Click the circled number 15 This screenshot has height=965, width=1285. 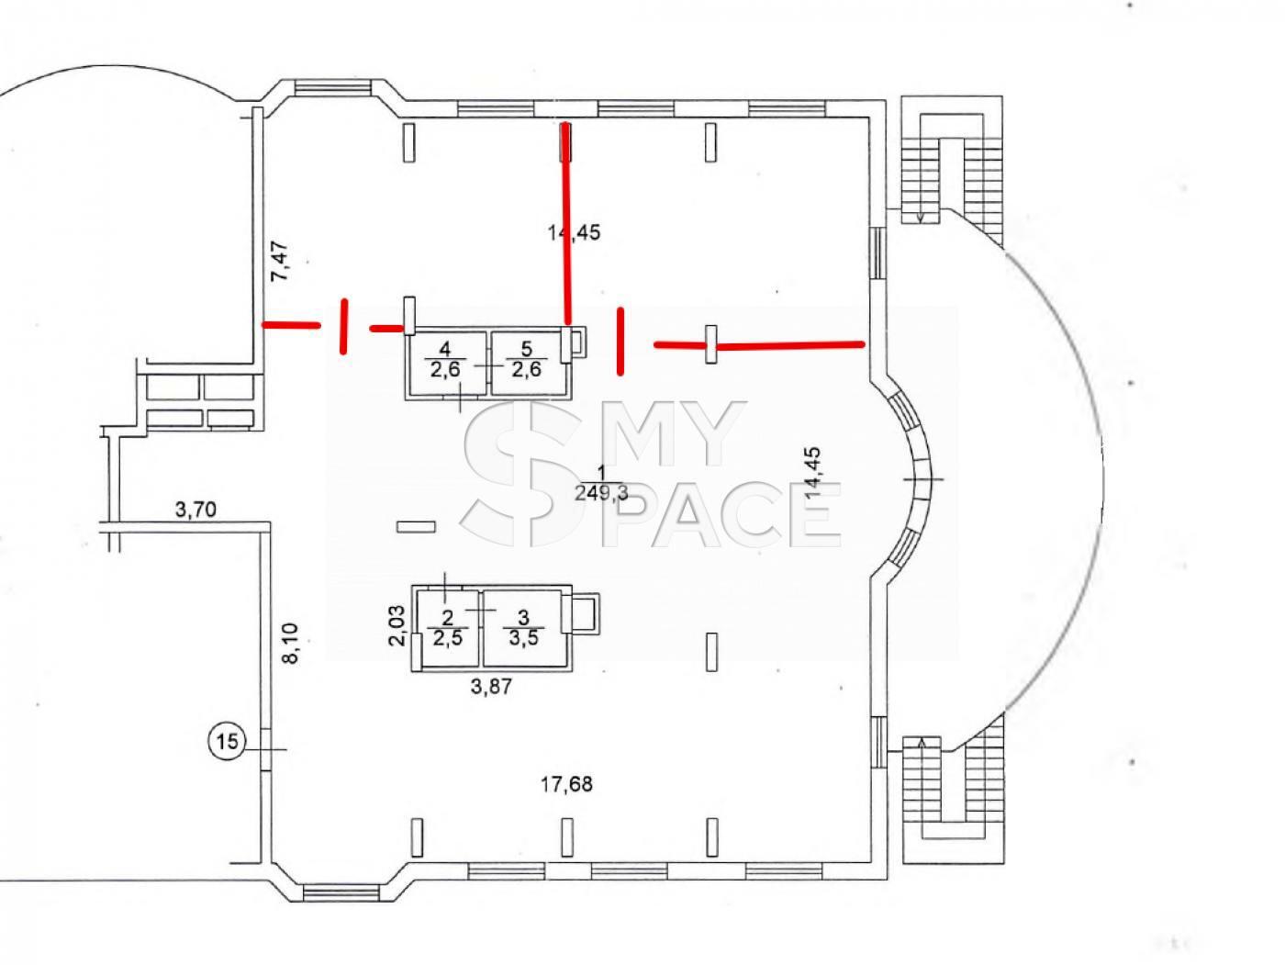228,742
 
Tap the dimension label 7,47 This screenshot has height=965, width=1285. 280,261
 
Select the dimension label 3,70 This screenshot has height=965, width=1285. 196,510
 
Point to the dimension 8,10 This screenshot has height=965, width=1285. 291,643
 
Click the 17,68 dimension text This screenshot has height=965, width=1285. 566,784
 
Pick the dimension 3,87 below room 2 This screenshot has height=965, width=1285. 491,686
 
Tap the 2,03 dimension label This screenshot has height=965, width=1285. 397,625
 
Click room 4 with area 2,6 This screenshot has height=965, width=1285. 445,361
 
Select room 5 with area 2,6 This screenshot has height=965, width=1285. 526,361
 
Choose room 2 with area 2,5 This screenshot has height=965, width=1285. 448,628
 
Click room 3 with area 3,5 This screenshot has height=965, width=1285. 523,628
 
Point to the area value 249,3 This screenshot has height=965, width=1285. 601,493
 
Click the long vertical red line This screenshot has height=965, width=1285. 565,222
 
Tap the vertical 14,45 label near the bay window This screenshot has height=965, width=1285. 813,472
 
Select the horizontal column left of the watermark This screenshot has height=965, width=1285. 416,527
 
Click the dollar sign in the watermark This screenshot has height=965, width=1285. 525,475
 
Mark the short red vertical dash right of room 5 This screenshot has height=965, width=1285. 620,342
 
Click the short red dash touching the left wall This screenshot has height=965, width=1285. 291,324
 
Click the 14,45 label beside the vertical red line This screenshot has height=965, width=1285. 575,232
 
